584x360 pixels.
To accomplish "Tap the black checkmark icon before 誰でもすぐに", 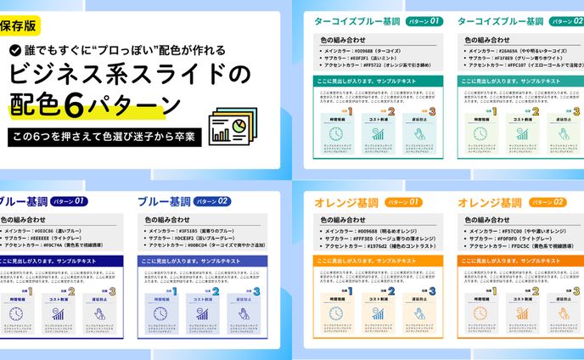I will pos(16,50).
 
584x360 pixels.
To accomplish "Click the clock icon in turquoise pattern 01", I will pos(336,133).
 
